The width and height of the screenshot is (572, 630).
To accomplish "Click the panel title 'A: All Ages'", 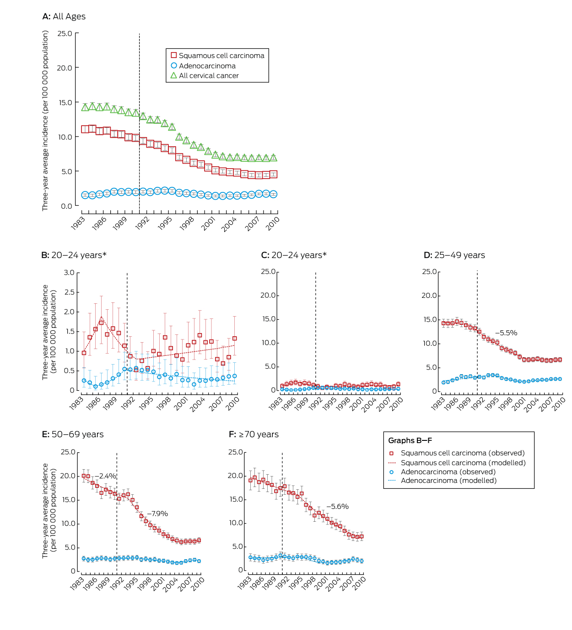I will [x=64, y=16].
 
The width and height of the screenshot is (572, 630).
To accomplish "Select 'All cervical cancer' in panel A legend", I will [x=209, y=76].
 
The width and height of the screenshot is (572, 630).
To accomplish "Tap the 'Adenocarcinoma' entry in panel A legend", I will [x=207, y=66].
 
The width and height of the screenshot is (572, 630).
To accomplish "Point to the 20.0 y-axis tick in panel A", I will [x=65, y=68].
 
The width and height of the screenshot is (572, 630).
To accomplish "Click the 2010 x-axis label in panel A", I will [x=273, y=223].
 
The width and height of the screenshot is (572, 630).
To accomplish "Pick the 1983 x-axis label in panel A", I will [x=78, y=223].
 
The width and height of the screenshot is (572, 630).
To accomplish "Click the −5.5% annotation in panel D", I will [x=506, y=333].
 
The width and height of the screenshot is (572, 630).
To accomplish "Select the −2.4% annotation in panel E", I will [x=105, y=476].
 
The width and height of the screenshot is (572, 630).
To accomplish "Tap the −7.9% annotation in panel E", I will [x=157, y=514].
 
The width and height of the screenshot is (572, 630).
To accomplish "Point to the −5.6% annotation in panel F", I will [x=338, y=507].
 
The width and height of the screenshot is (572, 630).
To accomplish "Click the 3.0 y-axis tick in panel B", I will [x=69, y=273].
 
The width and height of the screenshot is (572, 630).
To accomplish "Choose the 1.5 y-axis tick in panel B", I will [x=69, y=332].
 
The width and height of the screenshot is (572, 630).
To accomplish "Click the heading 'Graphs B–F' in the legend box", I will [x=410, y=440].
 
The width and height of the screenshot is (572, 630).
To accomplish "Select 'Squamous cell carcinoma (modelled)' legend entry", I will [x=463, y=463].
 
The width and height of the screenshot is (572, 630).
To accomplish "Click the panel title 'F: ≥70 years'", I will [x=254, y=434].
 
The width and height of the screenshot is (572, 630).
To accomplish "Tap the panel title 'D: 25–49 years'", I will [x=454, y=255].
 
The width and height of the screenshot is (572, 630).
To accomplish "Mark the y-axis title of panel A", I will [x=45, y=121].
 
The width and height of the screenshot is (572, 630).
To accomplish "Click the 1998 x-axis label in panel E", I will [x=145, y=584].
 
